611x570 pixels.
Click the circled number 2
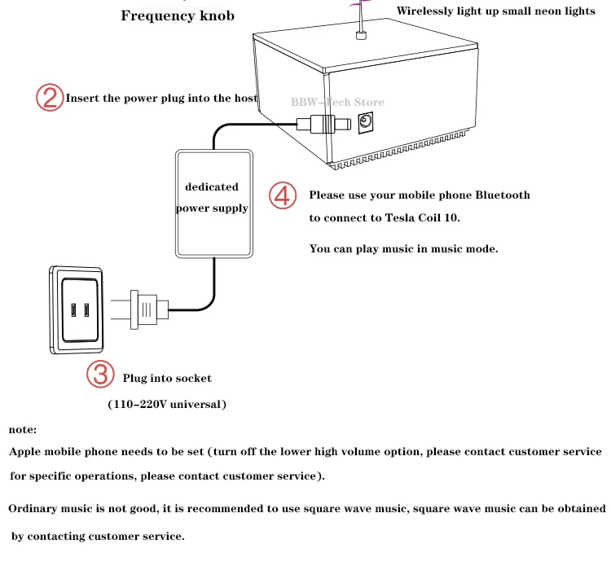pos(50,98)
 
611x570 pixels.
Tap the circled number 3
pos(101,375)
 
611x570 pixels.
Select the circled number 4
pos(283,196)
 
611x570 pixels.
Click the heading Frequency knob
pos(178,15)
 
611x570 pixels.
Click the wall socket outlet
pos(80,309)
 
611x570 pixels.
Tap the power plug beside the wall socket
pos(147,309)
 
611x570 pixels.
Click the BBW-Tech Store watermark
pos(337,103)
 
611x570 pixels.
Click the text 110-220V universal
pos(167,404)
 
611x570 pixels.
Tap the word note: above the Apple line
pos(23,429)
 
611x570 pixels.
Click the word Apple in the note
pos(26,451)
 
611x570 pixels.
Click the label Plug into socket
pos(167,378)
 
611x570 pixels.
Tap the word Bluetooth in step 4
pos(503,195)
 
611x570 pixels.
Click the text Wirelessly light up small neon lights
pos(496,11)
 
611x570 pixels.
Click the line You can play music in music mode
pos(403,248)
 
